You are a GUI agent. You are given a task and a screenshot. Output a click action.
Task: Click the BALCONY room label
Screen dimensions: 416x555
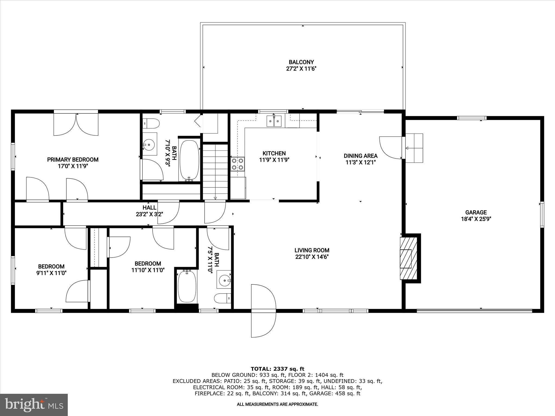301,62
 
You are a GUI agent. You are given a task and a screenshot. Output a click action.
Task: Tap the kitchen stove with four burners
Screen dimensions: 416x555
237,164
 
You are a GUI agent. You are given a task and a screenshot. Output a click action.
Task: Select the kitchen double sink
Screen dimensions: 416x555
274,121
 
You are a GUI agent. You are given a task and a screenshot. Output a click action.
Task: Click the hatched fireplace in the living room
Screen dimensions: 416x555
408,258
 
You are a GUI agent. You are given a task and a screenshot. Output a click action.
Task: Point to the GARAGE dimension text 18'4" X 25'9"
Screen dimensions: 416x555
476,219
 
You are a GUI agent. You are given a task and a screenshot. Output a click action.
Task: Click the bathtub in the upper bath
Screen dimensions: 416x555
189,160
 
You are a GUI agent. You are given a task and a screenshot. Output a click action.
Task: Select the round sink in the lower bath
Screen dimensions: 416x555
224,279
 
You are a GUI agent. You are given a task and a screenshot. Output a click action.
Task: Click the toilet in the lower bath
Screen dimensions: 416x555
222,298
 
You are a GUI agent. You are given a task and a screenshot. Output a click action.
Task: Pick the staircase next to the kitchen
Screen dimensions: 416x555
215,172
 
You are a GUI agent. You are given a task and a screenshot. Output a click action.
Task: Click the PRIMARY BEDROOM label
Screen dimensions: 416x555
73,160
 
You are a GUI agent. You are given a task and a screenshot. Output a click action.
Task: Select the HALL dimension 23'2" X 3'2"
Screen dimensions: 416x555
149,214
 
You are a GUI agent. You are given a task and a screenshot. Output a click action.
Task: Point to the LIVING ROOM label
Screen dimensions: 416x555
312,250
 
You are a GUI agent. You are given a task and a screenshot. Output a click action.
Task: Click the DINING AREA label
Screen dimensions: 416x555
360,156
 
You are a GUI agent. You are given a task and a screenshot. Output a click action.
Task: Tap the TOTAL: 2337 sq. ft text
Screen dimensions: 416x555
277,369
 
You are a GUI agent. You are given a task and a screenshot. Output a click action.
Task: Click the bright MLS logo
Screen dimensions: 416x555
34,405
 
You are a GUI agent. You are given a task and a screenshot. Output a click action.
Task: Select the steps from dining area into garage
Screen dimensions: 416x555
414,148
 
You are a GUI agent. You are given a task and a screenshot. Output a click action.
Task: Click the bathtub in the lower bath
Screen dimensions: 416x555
187,287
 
